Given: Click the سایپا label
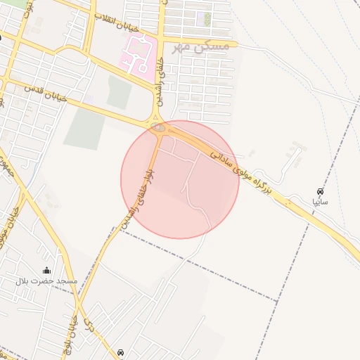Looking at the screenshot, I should coord(321,200).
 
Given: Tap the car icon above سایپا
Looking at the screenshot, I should coord(321,191).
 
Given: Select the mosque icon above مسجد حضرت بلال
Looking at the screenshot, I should coord(47,271).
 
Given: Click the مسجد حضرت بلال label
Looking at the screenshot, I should coord(46,281).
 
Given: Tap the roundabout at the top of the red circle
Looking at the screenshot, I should coord(158,128).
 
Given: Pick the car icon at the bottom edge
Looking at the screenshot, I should coord(121,352).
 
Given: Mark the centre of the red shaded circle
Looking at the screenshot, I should coord(180,179).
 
